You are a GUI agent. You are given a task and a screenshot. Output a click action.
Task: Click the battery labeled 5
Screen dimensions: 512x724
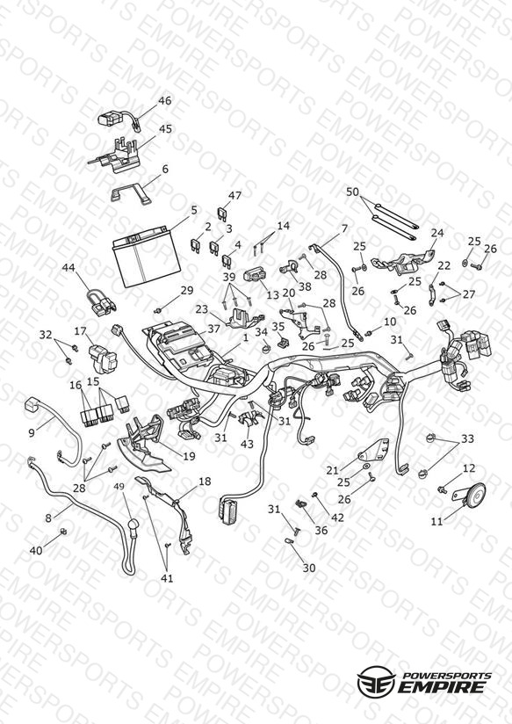146,257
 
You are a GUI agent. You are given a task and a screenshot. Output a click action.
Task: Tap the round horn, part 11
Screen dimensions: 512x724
474,494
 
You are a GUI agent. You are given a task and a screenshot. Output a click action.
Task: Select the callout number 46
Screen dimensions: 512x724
165,101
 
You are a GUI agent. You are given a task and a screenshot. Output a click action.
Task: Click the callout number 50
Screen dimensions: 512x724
352,192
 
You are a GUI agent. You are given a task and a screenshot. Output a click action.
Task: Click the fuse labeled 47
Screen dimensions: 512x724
222,213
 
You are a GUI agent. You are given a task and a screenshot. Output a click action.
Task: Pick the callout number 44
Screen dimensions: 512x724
69,267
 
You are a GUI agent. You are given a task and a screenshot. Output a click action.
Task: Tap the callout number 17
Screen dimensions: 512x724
80,331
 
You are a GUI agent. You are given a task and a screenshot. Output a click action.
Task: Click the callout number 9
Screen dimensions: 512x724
32,432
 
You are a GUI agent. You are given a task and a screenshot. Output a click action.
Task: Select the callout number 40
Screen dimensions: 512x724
36,550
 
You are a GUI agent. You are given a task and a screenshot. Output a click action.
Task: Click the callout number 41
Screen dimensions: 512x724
167,578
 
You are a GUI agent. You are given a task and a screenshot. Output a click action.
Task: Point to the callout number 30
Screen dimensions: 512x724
309,568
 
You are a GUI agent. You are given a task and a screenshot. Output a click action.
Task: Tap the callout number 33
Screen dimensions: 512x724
468,438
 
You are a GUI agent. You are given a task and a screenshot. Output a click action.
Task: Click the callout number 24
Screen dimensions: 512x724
436,232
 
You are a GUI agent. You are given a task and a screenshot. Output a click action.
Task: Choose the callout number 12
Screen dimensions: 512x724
469,468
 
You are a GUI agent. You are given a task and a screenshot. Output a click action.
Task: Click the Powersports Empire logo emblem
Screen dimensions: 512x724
377,681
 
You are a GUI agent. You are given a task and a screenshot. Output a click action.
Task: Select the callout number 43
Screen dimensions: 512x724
247,444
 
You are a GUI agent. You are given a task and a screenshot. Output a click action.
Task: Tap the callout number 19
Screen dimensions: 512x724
189,456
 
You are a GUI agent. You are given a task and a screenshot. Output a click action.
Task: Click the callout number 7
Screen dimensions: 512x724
344,228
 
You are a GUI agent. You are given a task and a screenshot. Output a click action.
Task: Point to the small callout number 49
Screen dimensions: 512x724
119,486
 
